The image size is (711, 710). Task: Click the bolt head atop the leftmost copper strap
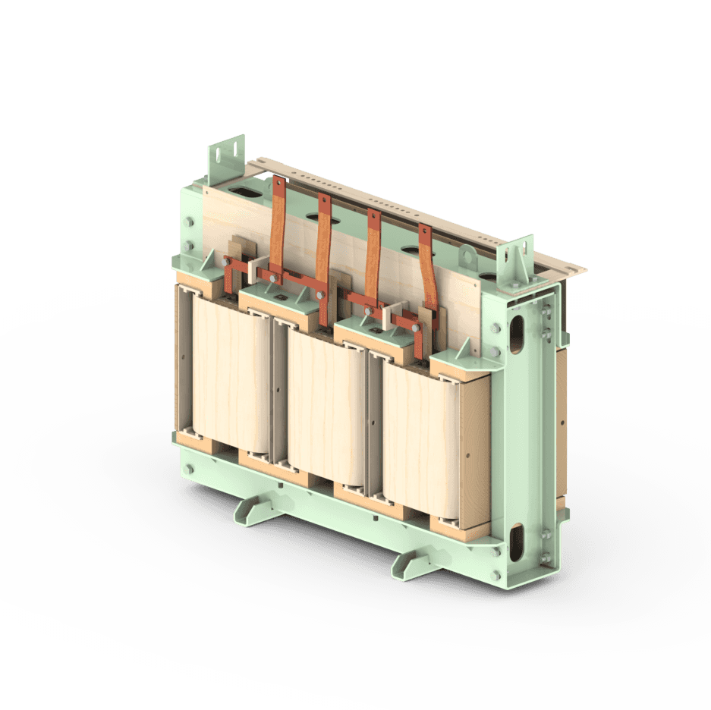(278, 182)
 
